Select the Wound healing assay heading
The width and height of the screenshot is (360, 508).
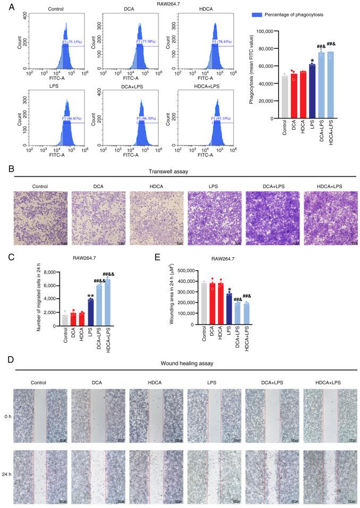[180, 364]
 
